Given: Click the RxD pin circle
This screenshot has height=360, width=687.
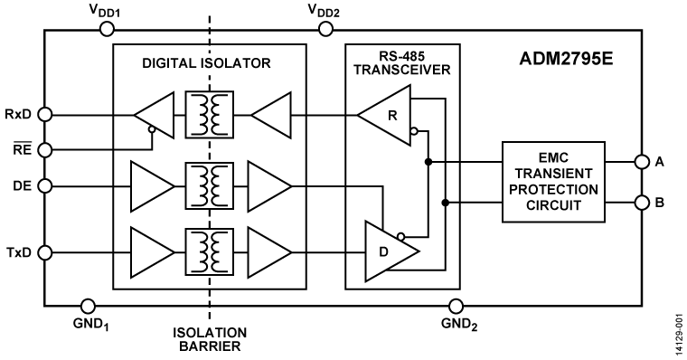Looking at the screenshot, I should (x=44, y=115).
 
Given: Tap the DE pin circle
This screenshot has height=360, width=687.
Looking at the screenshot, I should (x=44, y=186).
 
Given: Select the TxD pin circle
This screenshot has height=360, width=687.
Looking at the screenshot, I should (x=44, y=251).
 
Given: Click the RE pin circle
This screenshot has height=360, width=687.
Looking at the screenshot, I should (x=44, y=148).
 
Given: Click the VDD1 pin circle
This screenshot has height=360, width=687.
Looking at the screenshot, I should (x=106, y=30).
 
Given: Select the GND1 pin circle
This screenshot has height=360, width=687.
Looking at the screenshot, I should (x=89, y=307).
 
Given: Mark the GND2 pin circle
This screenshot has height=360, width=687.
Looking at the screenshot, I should (x=456, y=307).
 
